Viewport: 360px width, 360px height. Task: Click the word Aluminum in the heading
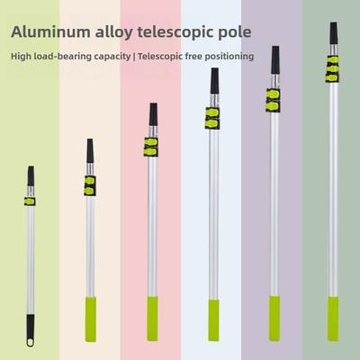(50, 31)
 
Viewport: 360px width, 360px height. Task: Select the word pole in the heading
(235, 32)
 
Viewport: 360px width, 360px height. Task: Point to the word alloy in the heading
(113, 32)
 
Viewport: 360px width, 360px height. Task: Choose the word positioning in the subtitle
(231, 57)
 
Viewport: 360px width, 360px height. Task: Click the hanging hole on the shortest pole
(31, 342)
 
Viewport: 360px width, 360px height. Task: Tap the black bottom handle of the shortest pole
(31, 329)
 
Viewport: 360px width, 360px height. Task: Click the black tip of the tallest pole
(334, 33)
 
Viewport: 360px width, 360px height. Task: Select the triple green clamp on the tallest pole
(332, 69)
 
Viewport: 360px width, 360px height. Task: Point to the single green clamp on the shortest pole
(30, 202)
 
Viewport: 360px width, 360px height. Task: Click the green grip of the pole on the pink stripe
(152, 319)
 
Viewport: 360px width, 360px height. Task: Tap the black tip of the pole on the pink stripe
(153, 114)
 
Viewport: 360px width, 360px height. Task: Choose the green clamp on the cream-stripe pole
(90, 185)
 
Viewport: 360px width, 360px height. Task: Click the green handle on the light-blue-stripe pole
(213, 320)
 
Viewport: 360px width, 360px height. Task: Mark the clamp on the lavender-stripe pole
(273, 100)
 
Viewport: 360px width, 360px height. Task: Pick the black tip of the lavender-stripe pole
(275, 60)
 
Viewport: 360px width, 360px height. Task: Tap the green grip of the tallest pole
(333, 319)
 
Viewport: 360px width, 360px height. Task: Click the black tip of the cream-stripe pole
(90, 151)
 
